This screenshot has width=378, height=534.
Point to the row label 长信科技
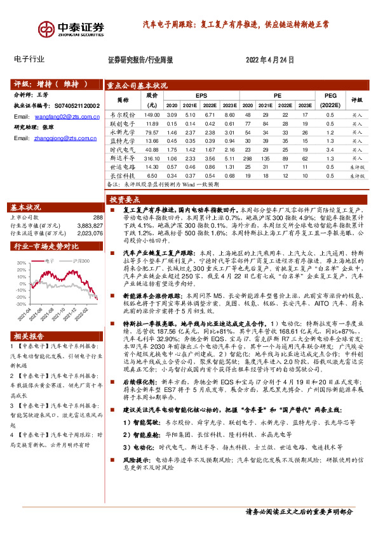(119, 176)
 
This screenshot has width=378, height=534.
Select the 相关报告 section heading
(27, 335)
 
